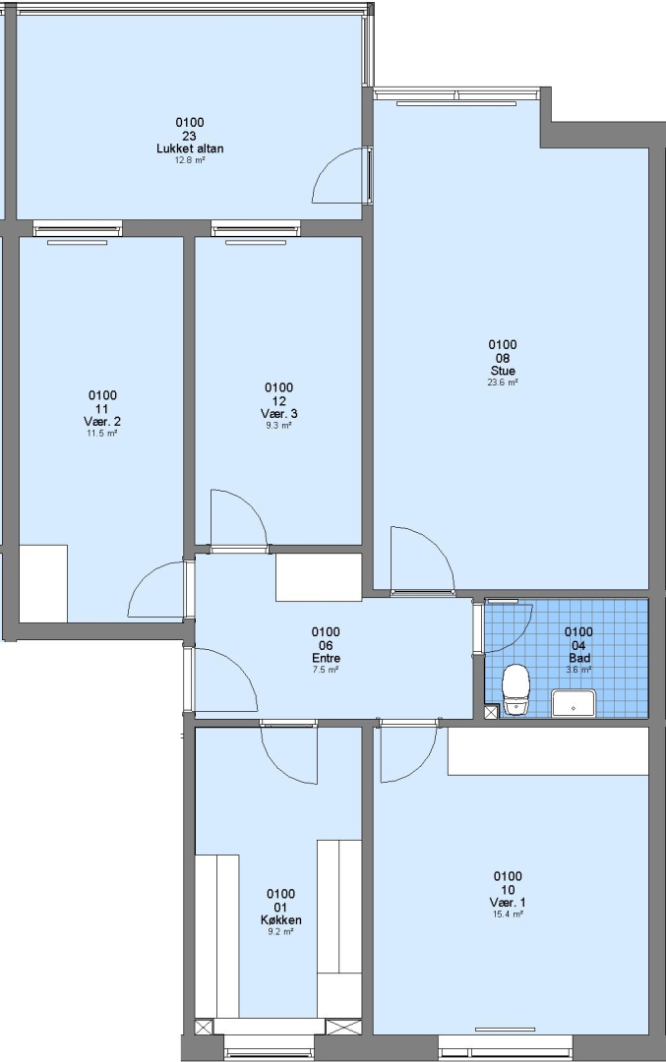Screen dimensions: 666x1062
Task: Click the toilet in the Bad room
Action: coord(515,689)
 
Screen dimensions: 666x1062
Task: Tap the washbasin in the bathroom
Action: coord(574,703)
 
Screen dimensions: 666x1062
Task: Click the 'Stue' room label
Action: coord(503,371)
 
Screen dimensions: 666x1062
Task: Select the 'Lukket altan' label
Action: coord(190,148)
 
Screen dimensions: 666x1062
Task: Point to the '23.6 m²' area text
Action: coord(503,383)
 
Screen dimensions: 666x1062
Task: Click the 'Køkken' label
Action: coord(280,919)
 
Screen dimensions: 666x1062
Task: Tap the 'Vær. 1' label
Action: coord(508,902)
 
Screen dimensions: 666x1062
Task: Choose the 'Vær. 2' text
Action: coord(102,421)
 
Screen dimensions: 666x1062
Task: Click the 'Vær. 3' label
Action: coord(278,414)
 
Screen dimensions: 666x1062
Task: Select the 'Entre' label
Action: coord(326,658)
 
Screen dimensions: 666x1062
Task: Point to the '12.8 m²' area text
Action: coord(190,160)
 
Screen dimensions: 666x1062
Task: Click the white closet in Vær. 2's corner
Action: coord(43,583)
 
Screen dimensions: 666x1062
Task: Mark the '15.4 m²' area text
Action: coord(508,914)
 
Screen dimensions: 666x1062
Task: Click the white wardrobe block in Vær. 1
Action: coord(548,751)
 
